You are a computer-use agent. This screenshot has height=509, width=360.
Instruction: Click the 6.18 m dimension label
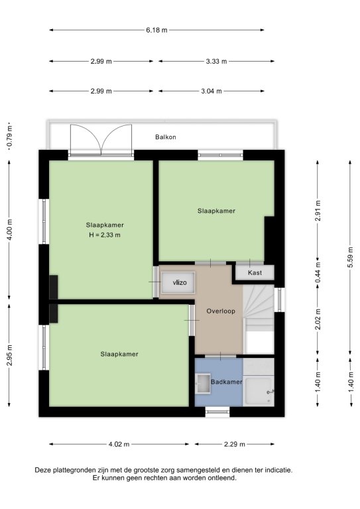pos(156,30)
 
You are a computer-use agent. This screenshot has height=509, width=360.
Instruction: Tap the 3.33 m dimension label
pos(216,61)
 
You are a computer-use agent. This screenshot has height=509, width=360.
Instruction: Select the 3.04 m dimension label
pos(211,91)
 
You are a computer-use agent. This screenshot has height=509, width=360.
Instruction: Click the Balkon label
pos(166,137)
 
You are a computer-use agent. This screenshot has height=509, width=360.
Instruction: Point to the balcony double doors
pos(101,140)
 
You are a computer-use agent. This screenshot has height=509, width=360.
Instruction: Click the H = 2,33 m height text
pos(105,235)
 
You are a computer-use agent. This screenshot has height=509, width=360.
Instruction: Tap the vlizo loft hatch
pos(178,283)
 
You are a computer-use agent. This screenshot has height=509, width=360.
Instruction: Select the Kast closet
pos(255,272)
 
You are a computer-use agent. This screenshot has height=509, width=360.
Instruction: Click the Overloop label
pos(221,311)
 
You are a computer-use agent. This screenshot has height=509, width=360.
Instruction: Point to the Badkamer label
pos(226,382)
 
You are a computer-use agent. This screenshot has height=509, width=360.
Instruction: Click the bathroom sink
pos(204,383)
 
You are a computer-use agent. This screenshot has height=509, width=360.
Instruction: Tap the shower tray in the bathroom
pos(259,391)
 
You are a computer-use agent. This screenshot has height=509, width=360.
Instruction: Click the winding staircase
pos(259,308)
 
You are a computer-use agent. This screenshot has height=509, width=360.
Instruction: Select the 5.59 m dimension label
pos(350,257)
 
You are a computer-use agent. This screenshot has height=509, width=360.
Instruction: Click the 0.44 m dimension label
pos(318,272)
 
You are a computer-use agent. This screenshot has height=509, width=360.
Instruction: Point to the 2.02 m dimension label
pos(318,319)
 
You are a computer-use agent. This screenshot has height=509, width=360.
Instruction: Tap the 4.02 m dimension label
pos(119,444)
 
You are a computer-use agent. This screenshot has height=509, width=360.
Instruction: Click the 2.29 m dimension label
pos(235,444)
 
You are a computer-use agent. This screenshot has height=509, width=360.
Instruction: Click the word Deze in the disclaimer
pos(43,470)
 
